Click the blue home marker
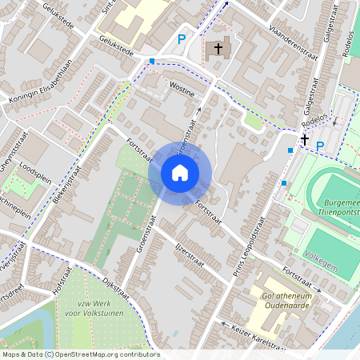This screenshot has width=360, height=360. tap(180, 173)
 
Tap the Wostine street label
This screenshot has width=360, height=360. tap(182, 89)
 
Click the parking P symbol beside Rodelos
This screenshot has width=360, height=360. tap(320, 146)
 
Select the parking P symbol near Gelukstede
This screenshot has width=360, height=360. tap(182, 38)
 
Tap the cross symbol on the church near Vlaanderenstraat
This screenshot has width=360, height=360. tap(216, 50)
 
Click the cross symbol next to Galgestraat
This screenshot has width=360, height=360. tap(304, 140)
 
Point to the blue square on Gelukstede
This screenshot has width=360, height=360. tap(151, 60)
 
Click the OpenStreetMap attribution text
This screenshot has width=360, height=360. tap(79, 354)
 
